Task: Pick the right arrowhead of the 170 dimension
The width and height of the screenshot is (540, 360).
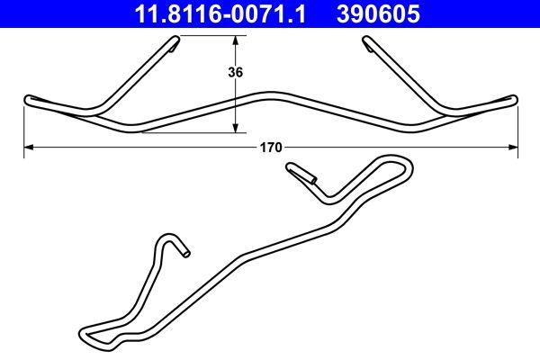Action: tap(513, 146)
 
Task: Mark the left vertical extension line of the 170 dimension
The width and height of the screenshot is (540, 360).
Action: tap(23, 126)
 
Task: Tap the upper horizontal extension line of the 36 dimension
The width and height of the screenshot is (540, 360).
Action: tap(216, 36)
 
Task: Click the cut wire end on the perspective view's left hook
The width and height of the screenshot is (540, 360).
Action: tap(184, 253)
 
